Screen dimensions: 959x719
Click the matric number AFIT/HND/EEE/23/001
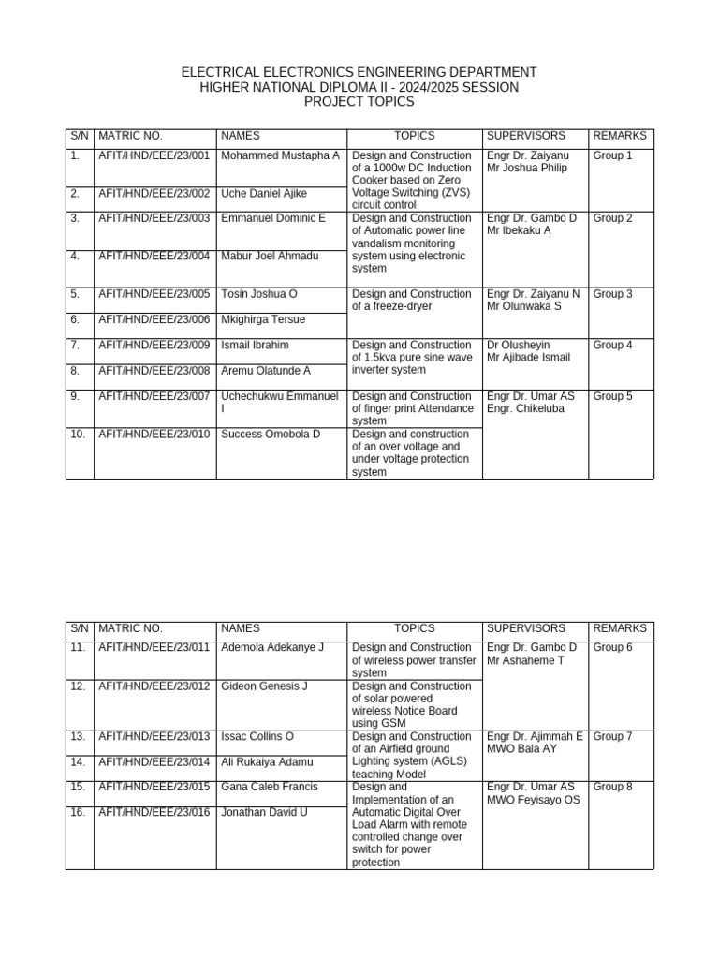154,155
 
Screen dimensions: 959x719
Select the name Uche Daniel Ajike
264,194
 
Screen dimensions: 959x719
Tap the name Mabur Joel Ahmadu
270,257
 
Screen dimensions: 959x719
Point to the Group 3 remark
613,294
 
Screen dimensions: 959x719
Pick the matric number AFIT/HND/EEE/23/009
154,346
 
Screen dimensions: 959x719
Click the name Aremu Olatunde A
266,371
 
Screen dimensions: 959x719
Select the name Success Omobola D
271,435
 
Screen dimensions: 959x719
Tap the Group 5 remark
613,396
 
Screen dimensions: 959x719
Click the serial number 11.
78,648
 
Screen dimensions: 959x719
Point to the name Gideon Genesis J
264,686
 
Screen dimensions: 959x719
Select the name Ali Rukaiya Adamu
267,762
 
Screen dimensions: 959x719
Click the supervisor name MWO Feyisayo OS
533,800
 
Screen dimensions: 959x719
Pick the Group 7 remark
613,737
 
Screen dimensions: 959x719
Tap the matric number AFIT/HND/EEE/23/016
154,813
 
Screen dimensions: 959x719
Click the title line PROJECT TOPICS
359,101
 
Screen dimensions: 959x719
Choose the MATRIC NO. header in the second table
130,628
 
